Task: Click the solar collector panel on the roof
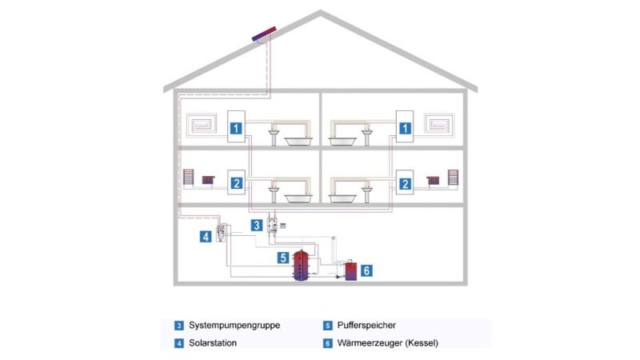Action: tap(263, 35)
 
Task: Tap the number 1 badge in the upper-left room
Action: tap(236, 128)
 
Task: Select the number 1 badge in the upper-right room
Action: tap(406, 128)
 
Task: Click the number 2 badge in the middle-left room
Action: tap(236, 183)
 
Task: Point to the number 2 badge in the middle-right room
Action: tap(406, 183)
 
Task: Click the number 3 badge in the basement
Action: tap(257, 225)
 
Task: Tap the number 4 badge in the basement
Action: tap(206, 237)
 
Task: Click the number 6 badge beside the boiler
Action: tap(366, 270)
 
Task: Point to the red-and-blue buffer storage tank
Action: tap(302, 266)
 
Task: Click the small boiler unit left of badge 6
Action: tap(350, 271)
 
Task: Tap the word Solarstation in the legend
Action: tap(212, 342)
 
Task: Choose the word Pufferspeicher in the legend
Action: tap(366, 326)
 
